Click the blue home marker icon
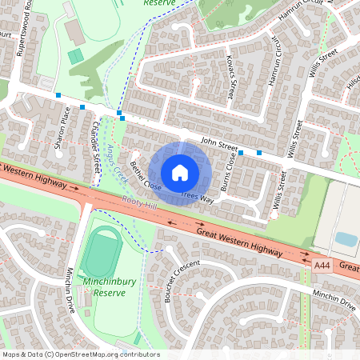180,172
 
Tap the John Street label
218,144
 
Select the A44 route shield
322,263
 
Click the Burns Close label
228,166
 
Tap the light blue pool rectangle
346,239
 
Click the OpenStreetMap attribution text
81,354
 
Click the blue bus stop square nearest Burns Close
240,151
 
